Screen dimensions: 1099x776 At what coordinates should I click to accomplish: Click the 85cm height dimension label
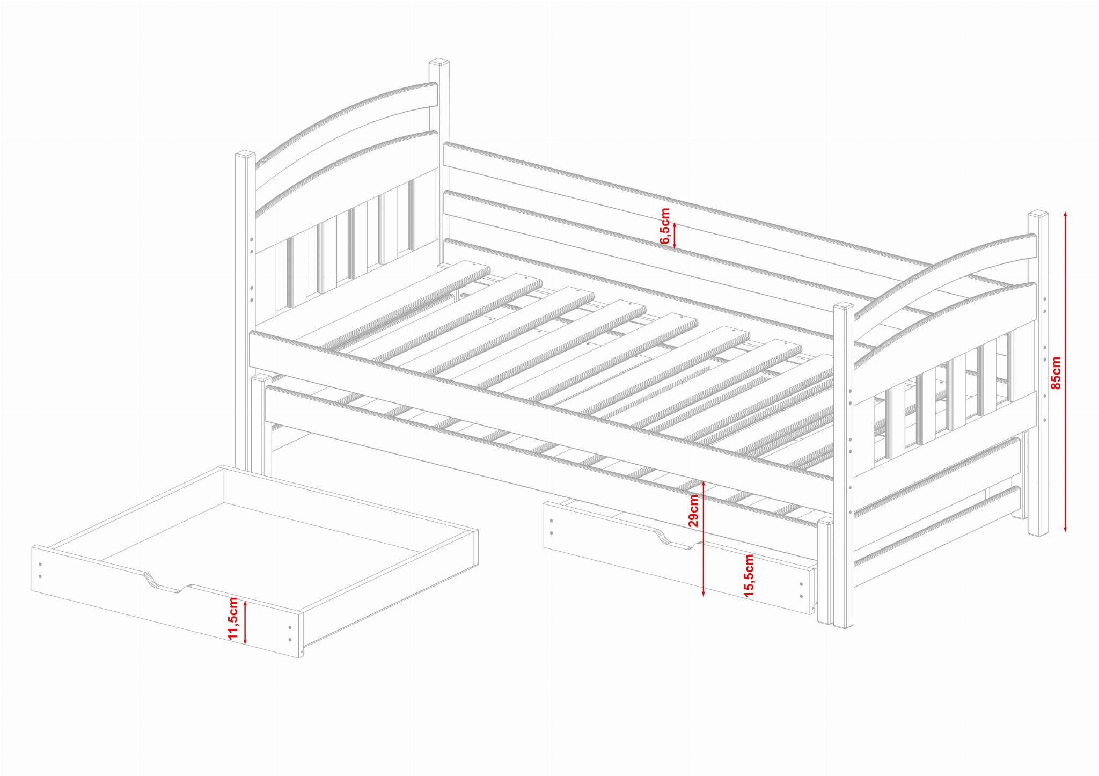[1056, 372]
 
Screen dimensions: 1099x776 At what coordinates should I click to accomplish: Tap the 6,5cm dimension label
[665, 226]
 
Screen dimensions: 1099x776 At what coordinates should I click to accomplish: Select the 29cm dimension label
[693, 510]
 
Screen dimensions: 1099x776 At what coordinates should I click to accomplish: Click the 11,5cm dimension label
[233, 618]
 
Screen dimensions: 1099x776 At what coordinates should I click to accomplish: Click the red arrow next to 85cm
[1065, 372]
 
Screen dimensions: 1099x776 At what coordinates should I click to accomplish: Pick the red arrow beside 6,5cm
[675, 236]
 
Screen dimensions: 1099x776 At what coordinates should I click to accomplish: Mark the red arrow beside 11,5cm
[245, 622]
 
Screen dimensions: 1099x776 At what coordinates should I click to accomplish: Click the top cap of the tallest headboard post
[439, 62]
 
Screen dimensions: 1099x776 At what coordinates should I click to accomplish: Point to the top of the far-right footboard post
[1038, 214]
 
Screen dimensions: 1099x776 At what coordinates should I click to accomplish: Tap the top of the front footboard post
[844, 306]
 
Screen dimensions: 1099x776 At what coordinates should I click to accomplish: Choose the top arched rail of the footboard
[944, 279]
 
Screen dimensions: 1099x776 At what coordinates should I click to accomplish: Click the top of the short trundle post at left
[261, 378]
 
